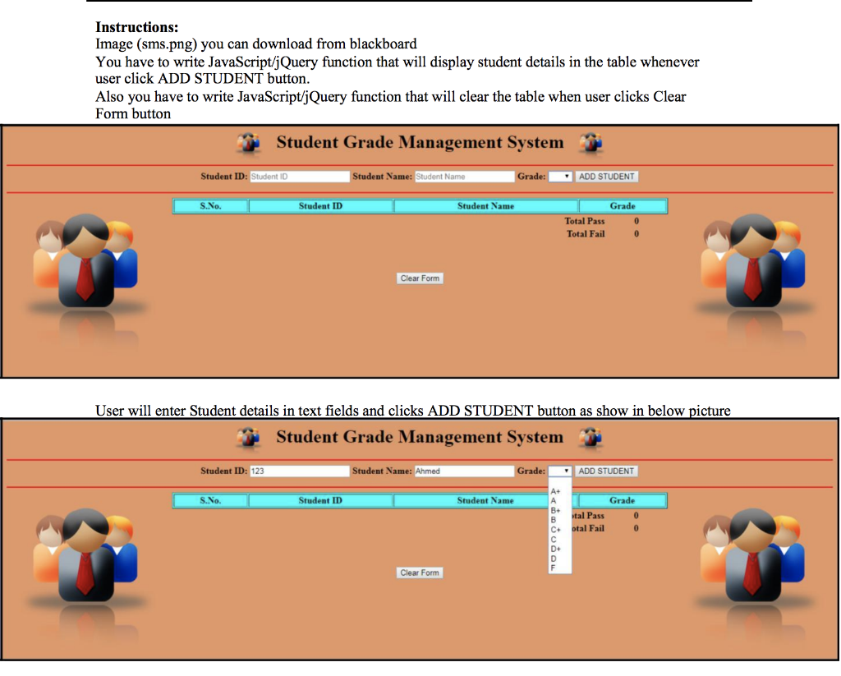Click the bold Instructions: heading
tap(136, 28)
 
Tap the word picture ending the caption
tap(707, 411)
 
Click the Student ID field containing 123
tap(299, 471)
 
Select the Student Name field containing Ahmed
tap(463, 471)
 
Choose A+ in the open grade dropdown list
tap(555, 491)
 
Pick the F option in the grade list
tap(553, 568)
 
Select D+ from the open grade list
tap(555, 549)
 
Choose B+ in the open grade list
tap(555, 510)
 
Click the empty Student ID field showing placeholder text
tap(299, 177)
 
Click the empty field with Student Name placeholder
tap(463, 177)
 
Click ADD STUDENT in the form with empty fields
tap(606, 177)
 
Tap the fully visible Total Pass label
tap(585, 221)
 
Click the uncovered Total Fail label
tap(586, 234)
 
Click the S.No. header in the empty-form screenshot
tap(210, 206)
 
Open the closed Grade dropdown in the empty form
tap(560, 177)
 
